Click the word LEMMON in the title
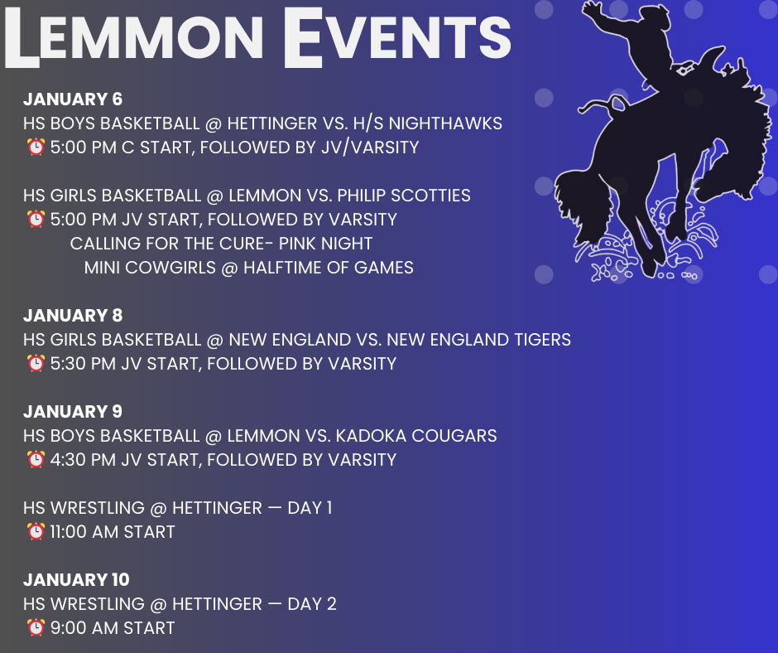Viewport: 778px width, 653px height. (134, 38)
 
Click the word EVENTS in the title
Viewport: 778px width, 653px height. (397, 38)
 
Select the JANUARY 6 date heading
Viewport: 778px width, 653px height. (73, 99)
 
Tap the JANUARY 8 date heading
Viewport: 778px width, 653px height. (73, 316)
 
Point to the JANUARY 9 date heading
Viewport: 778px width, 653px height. (73, 412)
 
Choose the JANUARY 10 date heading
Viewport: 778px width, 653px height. (76, 579)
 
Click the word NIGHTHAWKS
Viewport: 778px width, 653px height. (445, 123)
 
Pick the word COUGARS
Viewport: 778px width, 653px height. (454, 436)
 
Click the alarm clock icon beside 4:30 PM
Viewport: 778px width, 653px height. (36, 459)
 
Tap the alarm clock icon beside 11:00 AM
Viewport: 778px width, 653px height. (36, 531)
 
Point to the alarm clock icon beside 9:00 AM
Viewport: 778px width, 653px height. (36, 627)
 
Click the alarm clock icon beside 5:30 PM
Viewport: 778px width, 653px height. (36, 363)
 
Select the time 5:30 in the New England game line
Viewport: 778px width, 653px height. (68, 364)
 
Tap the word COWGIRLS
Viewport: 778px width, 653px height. (170, 268)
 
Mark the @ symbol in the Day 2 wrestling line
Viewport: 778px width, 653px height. (158, 604)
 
